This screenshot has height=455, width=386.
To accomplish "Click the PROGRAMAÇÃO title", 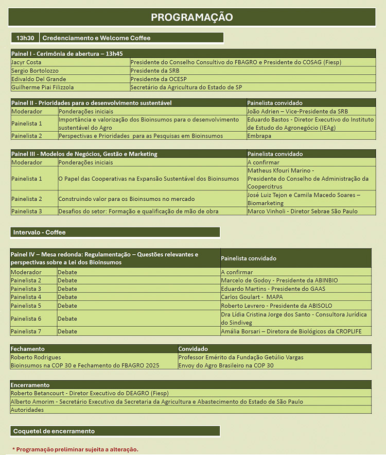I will coord(191,17).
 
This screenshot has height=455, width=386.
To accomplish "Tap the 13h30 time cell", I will coord(24,38).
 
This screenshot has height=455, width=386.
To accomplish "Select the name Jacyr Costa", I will coord(26,62).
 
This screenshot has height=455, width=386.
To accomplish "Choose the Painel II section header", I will coord(92,103).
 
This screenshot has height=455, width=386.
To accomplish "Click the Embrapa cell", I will coord(260,136).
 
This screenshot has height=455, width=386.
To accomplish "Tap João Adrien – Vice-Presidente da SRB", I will coord(297,111).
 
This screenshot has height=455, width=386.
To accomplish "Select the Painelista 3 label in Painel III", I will coord(26,212).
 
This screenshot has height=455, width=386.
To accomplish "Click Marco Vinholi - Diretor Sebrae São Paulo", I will coord(302,212).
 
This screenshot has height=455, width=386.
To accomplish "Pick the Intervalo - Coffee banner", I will coord(39,232).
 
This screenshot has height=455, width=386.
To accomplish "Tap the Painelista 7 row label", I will coord(26,331).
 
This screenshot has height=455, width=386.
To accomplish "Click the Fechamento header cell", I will coord(27,349).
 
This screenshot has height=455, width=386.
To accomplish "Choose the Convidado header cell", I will coord(193,349).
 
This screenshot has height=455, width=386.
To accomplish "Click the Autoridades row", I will coord(27,410).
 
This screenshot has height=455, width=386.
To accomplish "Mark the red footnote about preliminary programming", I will coord(75,449).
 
